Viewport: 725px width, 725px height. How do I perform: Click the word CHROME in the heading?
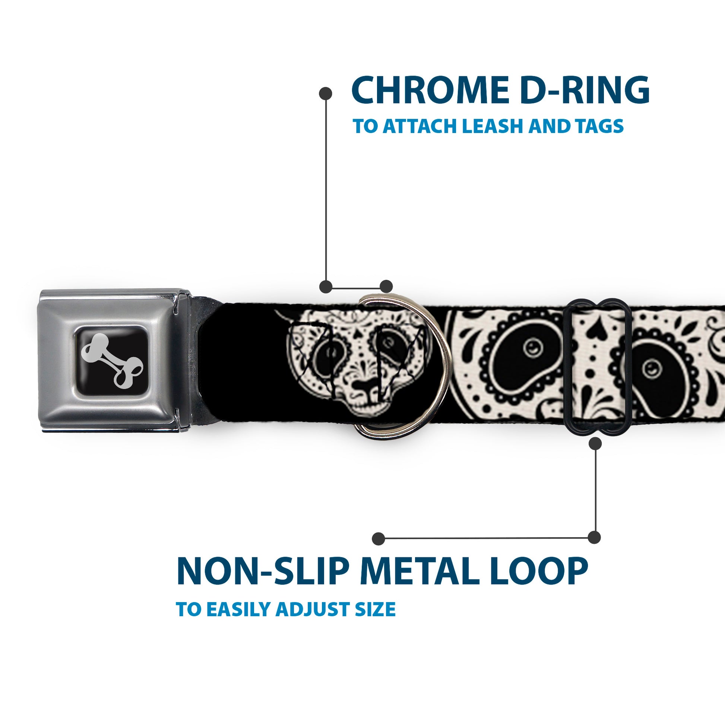(431, 90)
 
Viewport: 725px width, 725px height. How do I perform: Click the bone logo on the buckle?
(112, 360)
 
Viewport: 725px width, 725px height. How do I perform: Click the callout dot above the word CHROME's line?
(325, 94)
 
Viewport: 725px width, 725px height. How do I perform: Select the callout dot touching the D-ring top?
(386, 286)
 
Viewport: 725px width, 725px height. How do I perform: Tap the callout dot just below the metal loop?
(595, 444)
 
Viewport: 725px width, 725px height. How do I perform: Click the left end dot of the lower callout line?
(379, 539)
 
